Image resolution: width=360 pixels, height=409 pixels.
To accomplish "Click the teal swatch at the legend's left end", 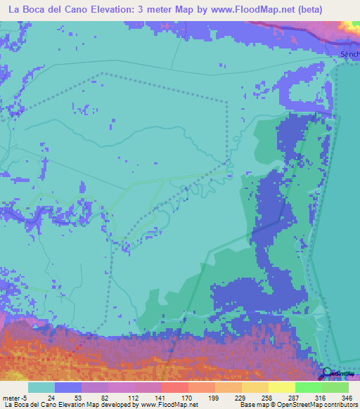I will tap(41, 388).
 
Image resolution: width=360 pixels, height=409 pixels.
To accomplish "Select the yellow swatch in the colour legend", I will tap(281, 388).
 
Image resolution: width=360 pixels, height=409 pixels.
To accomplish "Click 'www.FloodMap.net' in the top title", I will tap(243, 10).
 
